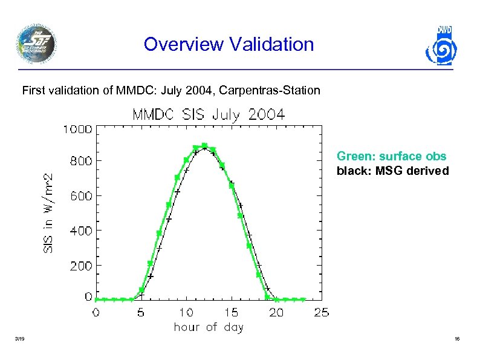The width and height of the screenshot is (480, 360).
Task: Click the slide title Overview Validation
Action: pos(229,45)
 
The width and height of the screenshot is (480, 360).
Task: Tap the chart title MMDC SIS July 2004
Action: pos(209,114)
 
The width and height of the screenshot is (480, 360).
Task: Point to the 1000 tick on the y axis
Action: pos(76,129)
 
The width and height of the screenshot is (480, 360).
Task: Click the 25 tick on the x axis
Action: pos(322,313)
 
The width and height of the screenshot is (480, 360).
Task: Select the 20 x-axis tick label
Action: pos(276,313)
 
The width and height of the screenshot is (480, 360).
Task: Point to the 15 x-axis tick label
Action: pos(231,313)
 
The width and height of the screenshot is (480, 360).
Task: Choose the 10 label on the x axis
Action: pos(186,313)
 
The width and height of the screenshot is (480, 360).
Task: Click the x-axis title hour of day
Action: pos(209,327)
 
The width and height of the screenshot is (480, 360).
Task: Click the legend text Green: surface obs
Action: pos(391,157)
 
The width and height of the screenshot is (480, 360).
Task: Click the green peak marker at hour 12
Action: pos(204,146)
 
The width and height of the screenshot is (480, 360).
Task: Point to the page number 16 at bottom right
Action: pos(457,341)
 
